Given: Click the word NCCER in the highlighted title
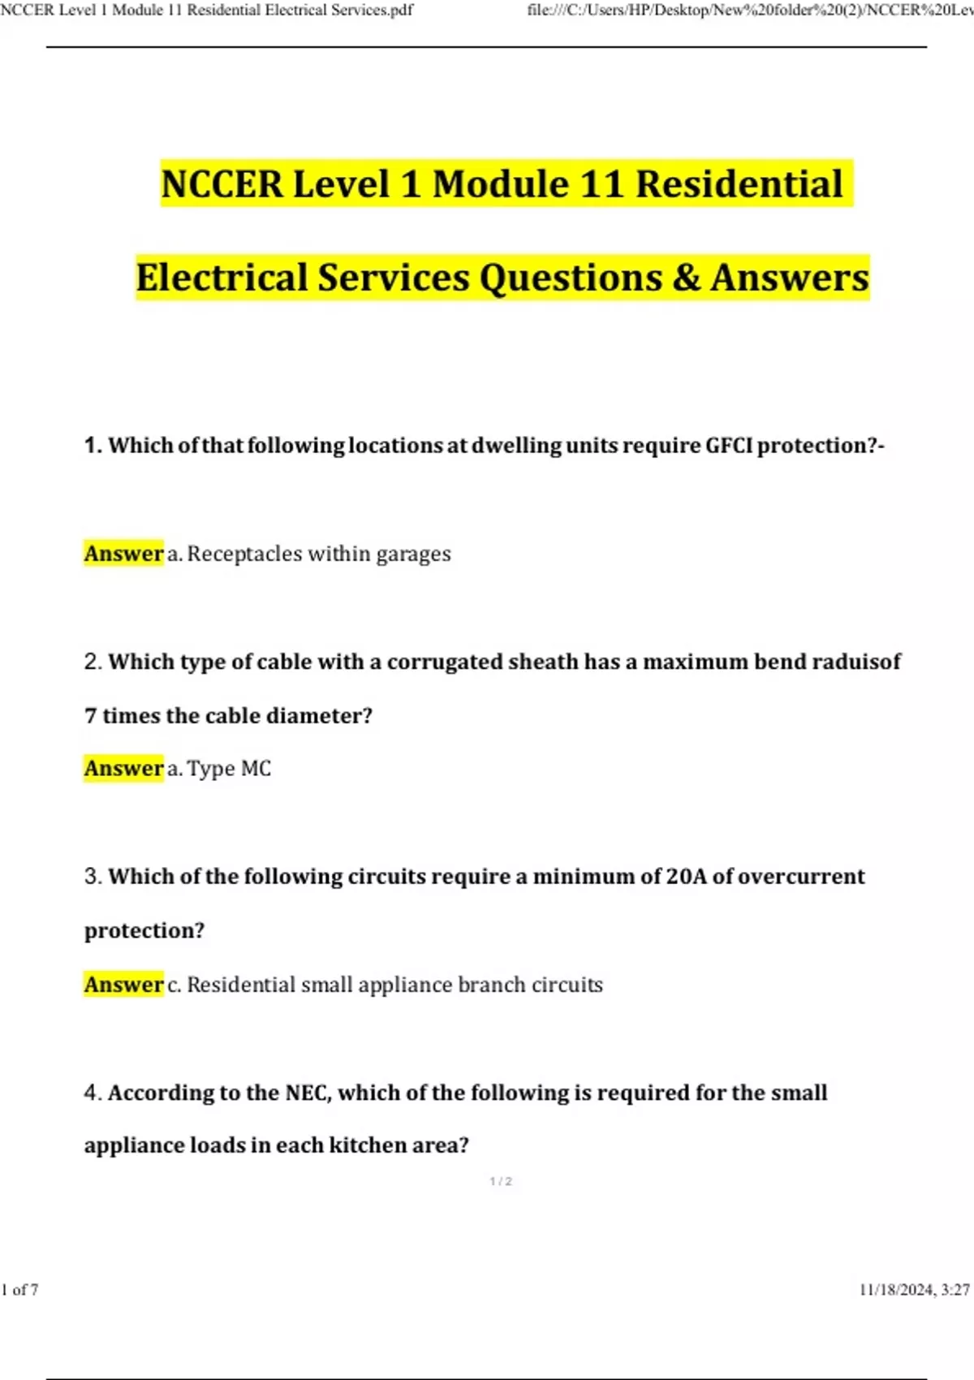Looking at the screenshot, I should tap(222, 184).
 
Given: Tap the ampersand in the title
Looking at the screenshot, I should tap(686, 278).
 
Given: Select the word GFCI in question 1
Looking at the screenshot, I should tap(729, 446).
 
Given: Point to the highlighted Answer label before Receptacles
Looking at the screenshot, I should tap(123, 554).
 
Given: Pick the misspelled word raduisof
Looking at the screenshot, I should tap(856, 662).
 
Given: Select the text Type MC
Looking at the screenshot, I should tap(229, 769).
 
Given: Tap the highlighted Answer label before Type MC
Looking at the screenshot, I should tap(123, 769).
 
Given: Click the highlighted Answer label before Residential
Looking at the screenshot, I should tap(123, 985).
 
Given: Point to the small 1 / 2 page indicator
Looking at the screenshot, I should tap(501, 1182).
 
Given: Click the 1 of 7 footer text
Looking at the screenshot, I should tap(20, 1290).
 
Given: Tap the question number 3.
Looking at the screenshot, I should tap(92, 877).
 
